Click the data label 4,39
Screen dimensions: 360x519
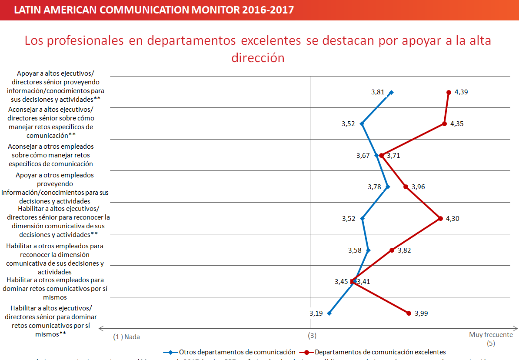pos(461,92)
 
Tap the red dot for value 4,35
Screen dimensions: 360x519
pos(444,124)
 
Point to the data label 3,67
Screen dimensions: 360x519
pos(363,155)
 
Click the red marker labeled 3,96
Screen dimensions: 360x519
pos(406,187)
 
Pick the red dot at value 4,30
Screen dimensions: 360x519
pos(440,219)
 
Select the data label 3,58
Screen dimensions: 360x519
pos(355,250)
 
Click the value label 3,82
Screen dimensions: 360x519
pos(404,250)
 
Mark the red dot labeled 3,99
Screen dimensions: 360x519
pos(409,313)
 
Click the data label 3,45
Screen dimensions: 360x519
pos(341,282)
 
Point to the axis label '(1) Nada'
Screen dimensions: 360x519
pos(126,337)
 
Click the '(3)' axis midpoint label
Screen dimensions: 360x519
pos(312,336)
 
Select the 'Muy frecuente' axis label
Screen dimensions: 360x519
pos(491,335)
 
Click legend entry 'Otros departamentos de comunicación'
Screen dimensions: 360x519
pos(237,352)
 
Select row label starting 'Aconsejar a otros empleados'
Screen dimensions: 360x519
pos(50,155)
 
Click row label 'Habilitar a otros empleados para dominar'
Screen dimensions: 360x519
pos(55,289)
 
